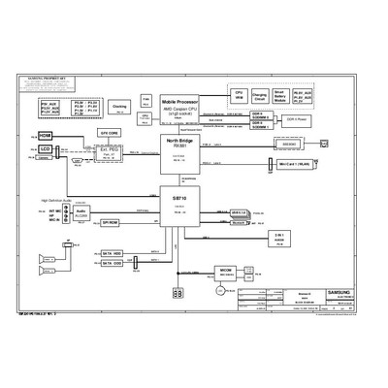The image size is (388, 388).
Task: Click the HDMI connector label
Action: click(x=45, y=136)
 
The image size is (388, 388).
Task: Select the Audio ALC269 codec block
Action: click(x=81, y=211)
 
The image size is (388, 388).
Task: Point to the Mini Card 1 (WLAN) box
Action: click(x=292, y=166)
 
